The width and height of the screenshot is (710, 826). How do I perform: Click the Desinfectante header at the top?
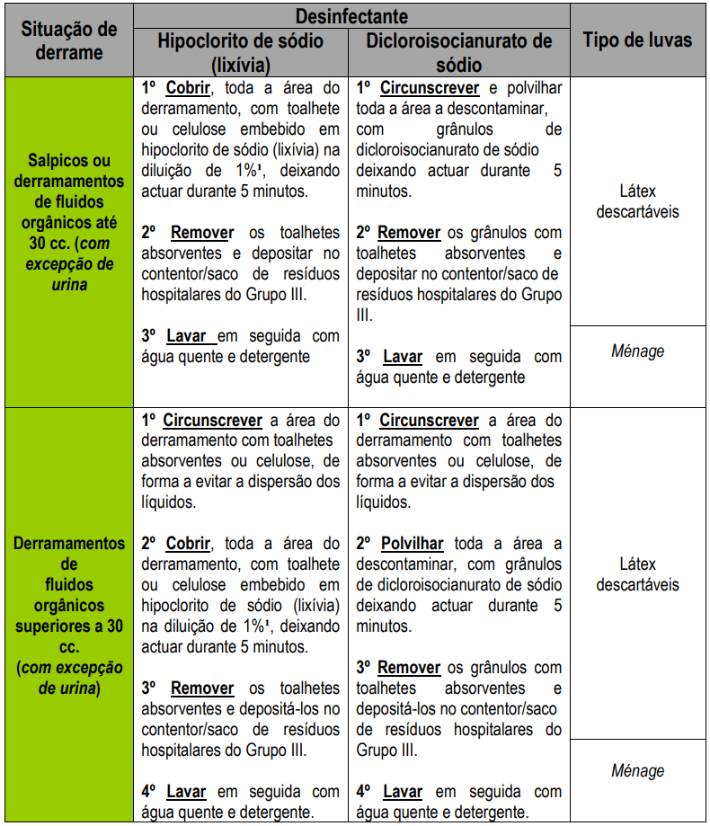point(352,16)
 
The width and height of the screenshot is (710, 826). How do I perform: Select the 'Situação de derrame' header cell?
point(69,40)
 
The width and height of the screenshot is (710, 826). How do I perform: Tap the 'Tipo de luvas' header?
point(637,40)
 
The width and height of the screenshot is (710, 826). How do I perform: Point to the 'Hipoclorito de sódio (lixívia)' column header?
point(241,52)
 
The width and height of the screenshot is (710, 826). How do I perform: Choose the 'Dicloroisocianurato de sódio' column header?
point(458,52)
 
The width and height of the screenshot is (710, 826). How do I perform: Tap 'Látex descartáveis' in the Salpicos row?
point(637,201)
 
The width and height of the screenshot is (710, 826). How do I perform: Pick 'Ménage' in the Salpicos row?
point(637,351)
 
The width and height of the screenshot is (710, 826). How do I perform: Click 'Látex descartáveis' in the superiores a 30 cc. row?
point(637,574)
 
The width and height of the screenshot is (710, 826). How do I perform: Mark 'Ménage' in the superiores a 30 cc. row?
point(637,770)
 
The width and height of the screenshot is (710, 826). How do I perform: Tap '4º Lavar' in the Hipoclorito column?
point(174,792)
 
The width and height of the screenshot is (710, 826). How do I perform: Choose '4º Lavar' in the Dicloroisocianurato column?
point(390,792)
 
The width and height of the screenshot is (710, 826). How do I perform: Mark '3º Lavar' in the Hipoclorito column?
point(178,336)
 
